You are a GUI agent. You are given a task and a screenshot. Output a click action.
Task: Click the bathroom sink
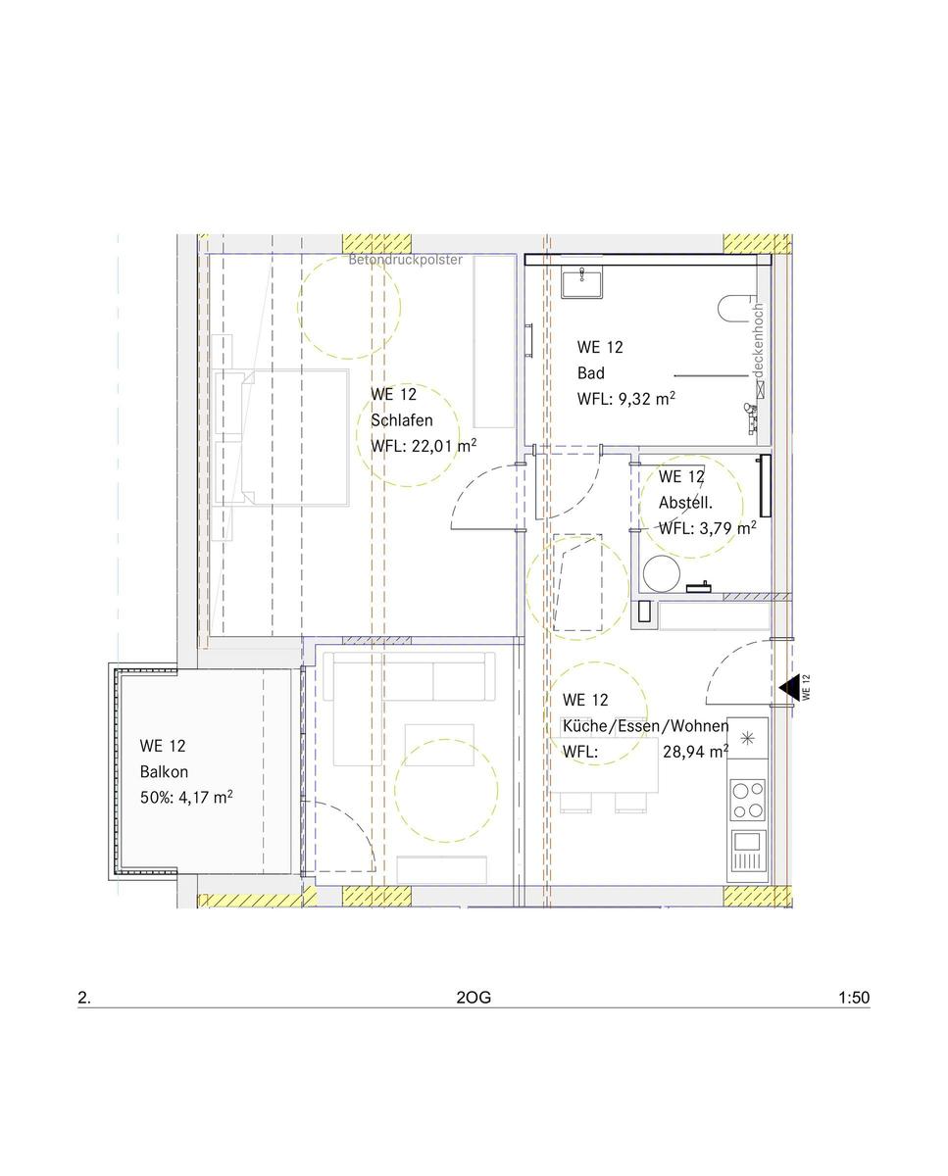(x=582, y=282)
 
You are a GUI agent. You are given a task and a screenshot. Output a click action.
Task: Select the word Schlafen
(x=402, y=419)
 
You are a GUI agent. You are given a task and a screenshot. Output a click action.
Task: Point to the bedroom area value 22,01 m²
(x=444, y=445)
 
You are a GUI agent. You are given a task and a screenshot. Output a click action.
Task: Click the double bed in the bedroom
(x=281, y=437)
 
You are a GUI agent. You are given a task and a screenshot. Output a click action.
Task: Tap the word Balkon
(x=164, y=771)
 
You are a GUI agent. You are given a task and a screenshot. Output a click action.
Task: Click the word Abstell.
(x=685, y=502)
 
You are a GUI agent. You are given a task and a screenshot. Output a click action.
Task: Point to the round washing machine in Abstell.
(x=662, y=574)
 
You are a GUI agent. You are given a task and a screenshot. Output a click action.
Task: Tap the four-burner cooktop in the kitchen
(x=748, y=800)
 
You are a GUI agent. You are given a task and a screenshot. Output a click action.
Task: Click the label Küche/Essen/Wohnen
(x=646, y=726)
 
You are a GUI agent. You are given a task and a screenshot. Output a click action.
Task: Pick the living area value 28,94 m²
(x=696, y=752)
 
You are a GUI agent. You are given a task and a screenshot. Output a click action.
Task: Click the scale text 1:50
(x=854, y=998)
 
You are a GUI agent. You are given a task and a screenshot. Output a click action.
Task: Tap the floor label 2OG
(x=474, y=998)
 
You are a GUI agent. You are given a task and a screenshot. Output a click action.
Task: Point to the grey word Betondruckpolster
(x=405, y=260)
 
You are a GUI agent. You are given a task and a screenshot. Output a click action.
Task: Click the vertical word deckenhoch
(x=757, y=340)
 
